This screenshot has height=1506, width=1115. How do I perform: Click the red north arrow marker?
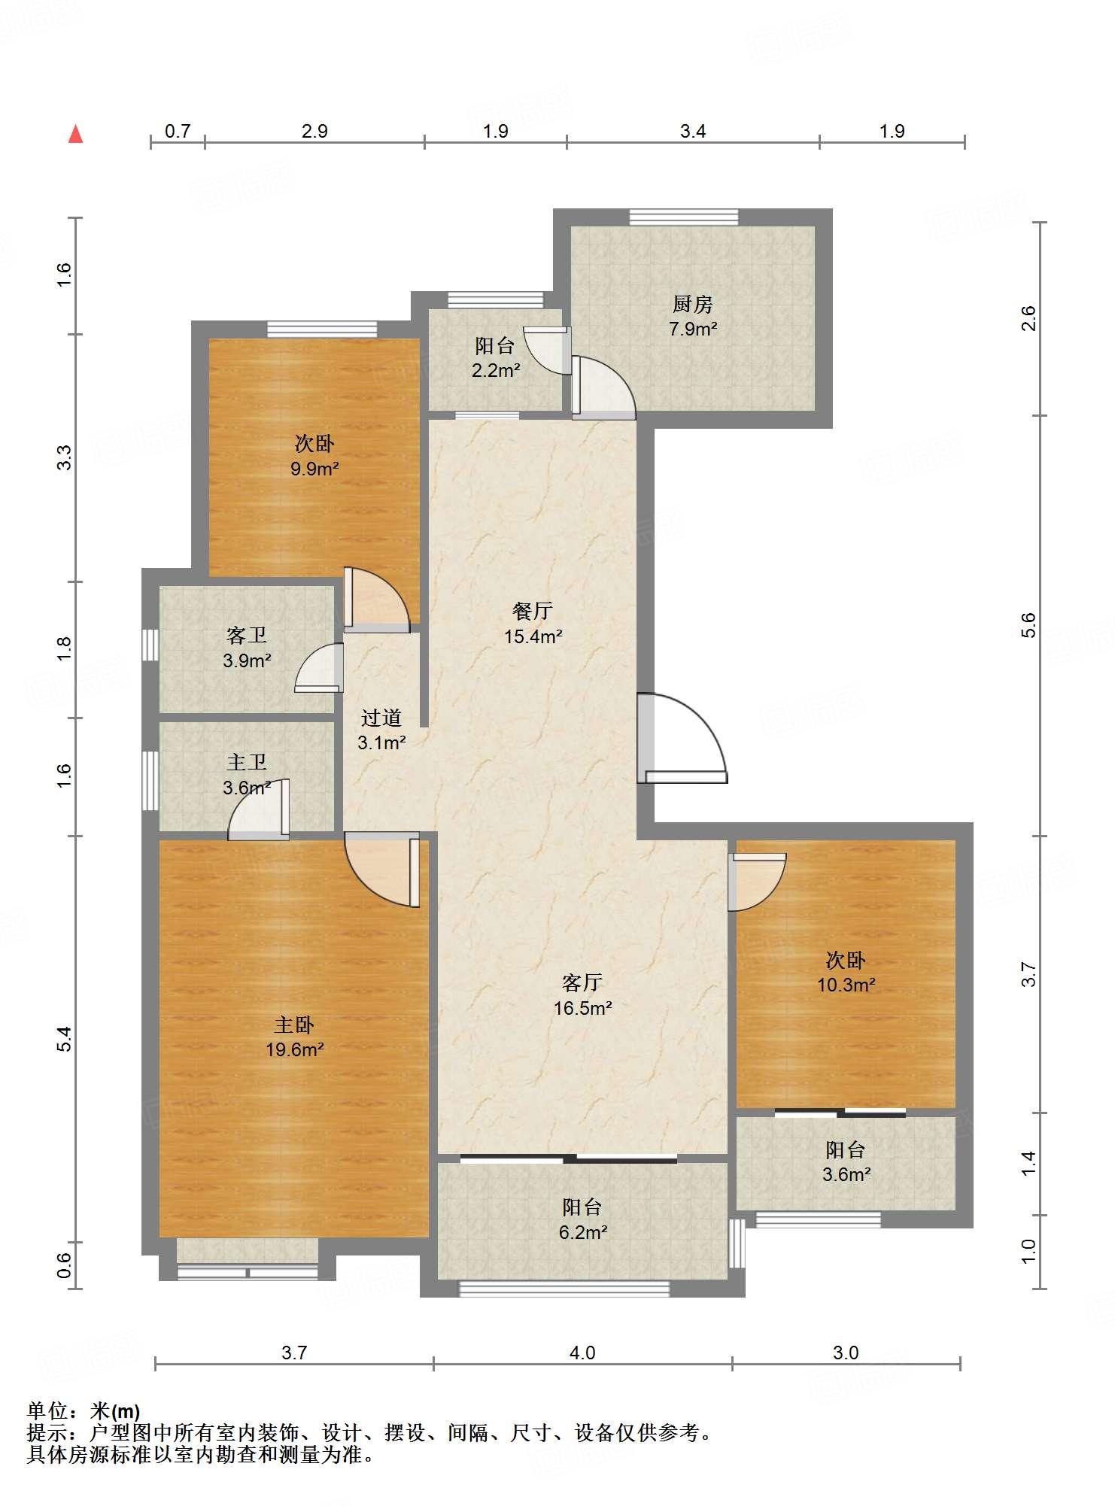point(75,134)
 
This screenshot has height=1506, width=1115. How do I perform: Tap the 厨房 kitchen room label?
point(692,304)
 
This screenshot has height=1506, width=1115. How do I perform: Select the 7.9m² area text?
point(693,329)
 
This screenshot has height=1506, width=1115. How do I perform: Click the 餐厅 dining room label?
point(533,611)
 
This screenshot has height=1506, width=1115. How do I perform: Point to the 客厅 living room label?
point(582,982)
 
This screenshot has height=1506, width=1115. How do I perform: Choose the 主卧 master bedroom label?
point(294,1025)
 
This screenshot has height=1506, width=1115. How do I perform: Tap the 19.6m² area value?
point(294,1049)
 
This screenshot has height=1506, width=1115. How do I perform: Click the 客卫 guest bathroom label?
point(247,636)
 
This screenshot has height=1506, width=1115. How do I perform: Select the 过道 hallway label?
point(381,718)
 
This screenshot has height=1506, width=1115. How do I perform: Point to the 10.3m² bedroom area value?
point(846,985)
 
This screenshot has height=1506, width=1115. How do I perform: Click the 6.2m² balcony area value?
point(583,1232)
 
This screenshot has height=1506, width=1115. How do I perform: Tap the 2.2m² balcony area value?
point(496,370)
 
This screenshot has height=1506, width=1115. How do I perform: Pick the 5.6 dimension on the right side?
point(1028,625)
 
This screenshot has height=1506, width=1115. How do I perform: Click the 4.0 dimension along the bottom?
point(582,1353)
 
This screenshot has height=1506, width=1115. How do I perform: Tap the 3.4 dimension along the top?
point(693,131)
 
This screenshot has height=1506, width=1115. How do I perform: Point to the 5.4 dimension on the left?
point(65,1038)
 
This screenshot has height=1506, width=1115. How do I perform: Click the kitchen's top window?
point(684,217)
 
